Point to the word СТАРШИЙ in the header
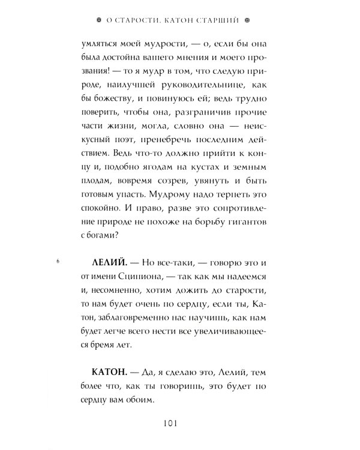215,20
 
